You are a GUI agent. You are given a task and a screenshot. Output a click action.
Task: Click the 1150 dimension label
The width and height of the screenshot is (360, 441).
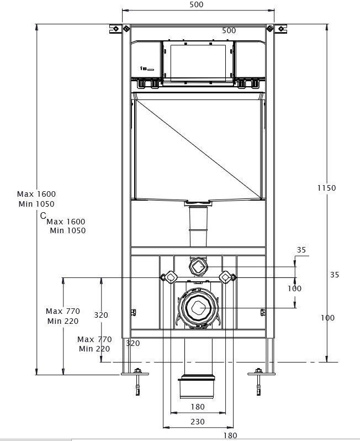click(326, 188)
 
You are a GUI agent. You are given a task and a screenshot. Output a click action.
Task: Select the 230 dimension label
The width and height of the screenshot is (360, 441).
click(197, 422)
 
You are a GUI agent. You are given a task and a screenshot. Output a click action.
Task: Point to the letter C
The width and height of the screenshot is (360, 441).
click(43, 216)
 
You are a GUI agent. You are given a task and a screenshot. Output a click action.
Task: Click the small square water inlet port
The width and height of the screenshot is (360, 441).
click(198, 268)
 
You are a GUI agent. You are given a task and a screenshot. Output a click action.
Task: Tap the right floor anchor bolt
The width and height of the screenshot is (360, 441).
click(257, 381)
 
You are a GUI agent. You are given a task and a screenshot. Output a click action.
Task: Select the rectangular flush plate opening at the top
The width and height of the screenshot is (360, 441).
click(198, 62)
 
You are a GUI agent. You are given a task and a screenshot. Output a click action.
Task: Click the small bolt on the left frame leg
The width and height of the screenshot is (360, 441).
click(133, 313)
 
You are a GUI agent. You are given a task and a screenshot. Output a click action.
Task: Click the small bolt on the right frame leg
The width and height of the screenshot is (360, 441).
click(262, 313)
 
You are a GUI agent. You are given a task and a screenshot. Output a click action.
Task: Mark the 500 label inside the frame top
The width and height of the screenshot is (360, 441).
click(229, 30)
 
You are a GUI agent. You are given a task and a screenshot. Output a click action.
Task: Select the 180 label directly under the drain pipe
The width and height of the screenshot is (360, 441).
click(198, 407)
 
